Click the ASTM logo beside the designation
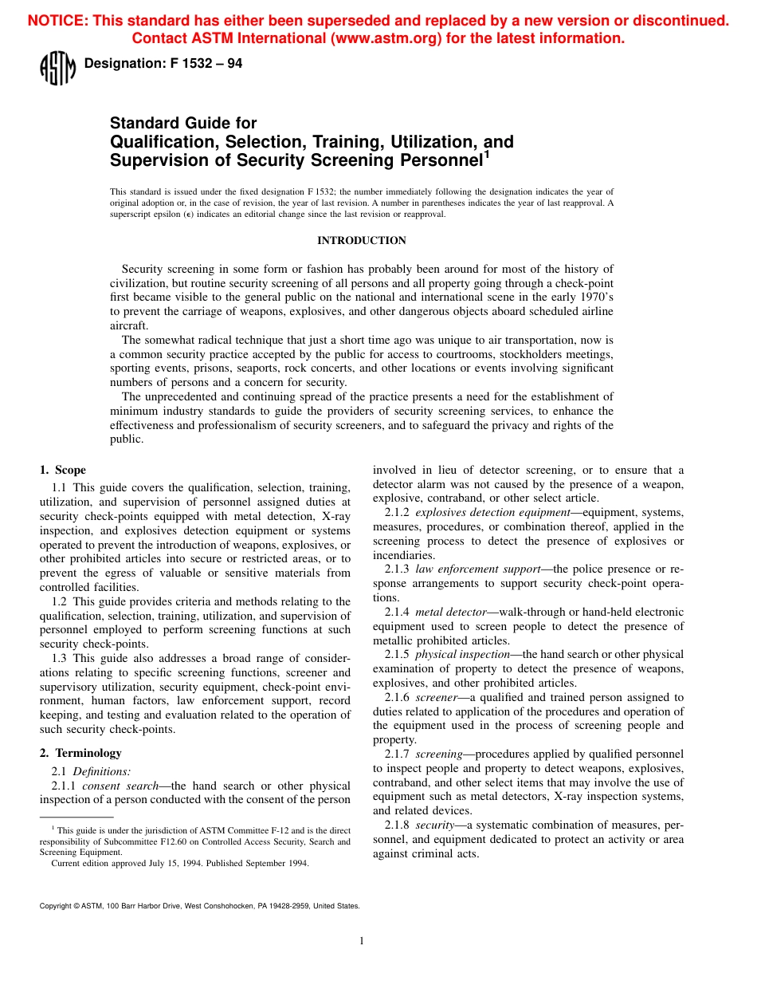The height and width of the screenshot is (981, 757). pos(57,67)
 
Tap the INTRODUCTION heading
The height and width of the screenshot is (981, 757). pos(361,241)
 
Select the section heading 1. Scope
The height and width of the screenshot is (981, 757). pos(63,470)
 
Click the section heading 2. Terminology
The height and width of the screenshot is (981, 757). pos(80,753)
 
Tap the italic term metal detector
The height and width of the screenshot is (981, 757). pos(450,612)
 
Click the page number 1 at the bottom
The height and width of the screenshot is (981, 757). pos(362,941)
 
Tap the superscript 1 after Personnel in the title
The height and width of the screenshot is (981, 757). pos(487,155)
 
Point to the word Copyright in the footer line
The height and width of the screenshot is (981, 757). pos(55,906)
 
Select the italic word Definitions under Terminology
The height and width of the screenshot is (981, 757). pos(101,771)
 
